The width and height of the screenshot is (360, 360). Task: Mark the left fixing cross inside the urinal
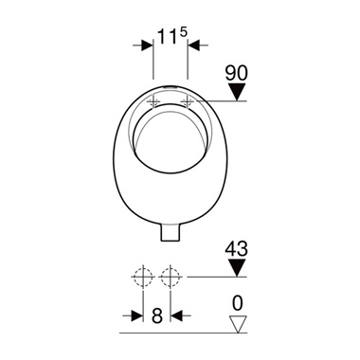point(154,100)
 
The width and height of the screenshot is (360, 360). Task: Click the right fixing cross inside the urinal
point(188,100)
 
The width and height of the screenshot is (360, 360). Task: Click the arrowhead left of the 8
point(138,316)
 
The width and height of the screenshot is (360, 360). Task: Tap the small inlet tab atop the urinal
point(171,86)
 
